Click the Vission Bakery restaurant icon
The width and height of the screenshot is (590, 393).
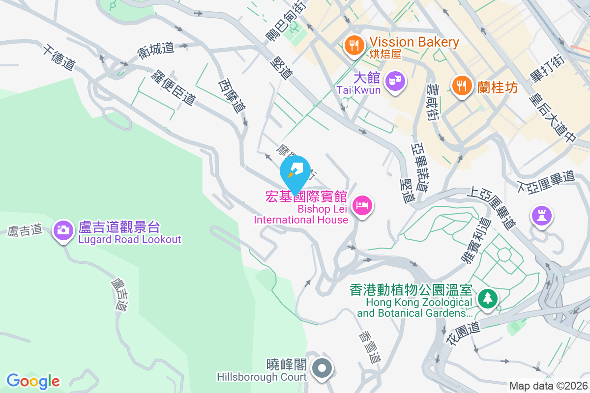[x=354, y=46]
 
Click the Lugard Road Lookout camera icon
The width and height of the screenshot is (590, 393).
[x=63, y=230]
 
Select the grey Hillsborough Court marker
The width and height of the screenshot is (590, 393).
[x=323, y=368]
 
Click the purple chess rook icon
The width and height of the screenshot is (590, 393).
[x=542, y=215]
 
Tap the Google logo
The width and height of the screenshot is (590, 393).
[x=33, y=381]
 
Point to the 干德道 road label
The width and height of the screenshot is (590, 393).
[x=59, y=57]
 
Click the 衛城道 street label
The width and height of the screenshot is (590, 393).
[x=156, y=51]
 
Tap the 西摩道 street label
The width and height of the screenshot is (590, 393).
[x=232, y=96]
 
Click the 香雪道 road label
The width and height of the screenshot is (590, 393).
[x=369, y=348]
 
